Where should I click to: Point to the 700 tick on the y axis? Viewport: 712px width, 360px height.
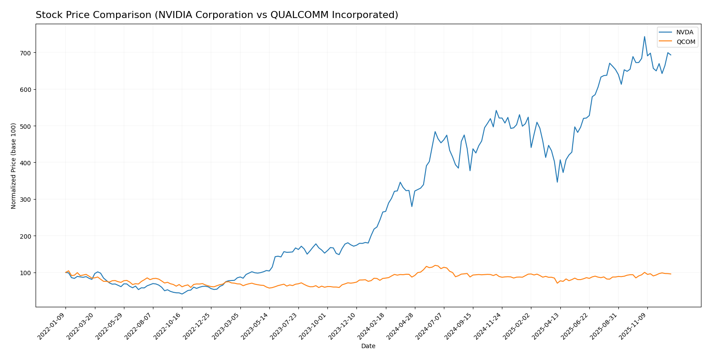pos(25,53)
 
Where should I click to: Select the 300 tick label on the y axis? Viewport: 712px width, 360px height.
pos(25,200)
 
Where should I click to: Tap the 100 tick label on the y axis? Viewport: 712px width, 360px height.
pos(25,273)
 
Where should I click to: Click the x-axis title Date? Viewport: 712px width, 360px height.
pos(368,346)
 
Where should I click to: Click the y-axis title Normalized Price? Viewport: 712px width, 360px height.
pos(14,166)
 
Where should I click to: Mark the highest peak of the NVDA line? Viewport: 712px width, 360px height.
pos(644,36)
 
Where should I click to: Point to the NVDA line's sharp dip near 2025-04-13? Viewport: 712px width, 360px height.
pos(557,182)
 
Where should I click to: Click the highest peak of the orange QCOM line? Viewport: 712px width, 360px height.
pos(435,265)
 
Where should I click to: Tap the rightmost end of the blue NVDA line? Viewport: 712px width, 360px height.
pos(671,55)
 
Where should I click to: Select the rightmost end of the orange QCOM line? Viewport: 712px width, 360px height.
pos(671,274)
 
